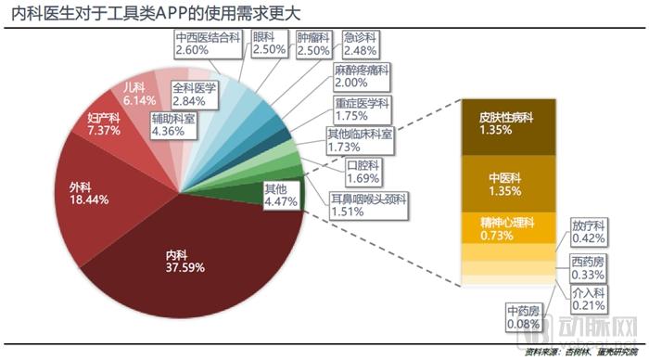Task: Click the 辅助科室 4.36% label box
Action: (x=173, y=125)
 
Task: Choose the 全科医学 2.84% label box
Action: (x=194, y=95)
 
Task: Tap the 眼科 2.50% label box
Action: (x=268, y=44)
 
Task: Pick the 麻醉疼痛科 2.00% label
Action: (x=363, y=75)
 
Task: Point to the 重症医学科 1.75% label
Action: (x=363, y=108)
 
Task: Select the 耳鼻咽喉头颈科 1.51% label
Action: (x=367, y=203)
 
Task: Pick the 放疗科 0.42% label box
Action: (x=589, y=231)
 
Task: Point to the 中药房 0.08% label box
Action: (x=524, y=315)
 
